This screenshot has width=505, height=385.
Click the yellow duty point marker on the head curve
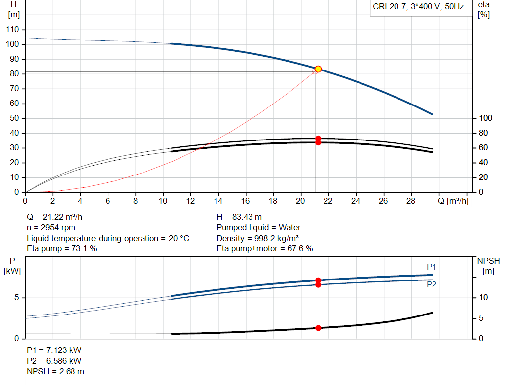click(x=318, y=69)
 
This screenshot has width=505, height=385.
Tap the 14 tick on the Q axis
click(x=218, y=201)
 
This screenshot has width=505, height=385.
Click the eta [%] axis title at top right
click(x=483, y=9)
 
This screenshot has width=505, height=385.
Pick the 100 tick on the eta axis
click(x=486, y=118)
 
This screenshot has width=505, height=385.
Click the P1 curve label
click(x=432, y=267)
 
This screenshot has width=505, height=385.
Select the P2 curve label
click(x=432, y=284)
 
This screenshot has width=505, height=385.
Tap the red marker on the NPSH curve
click(x=318, y=328)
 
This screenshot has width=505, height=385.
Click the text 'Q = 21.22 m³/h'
click(x=58, y=217)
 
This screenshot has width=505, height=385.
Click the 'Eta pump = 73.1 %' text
click(x=62, y=249)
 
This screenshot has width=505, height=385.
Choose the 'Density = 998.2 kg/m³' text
click(x=259, y=238)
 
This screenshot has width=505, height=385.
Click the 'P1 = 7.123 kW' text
click(x=54, y=350)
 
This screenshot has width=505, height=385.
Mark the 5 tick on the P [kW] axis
click(x=17, y=298)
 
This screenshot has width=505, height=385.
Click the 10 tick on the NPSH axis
click(x=483, y=298)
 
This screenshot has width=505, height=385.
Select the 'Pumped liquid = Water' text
click(x=258, y=228)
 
